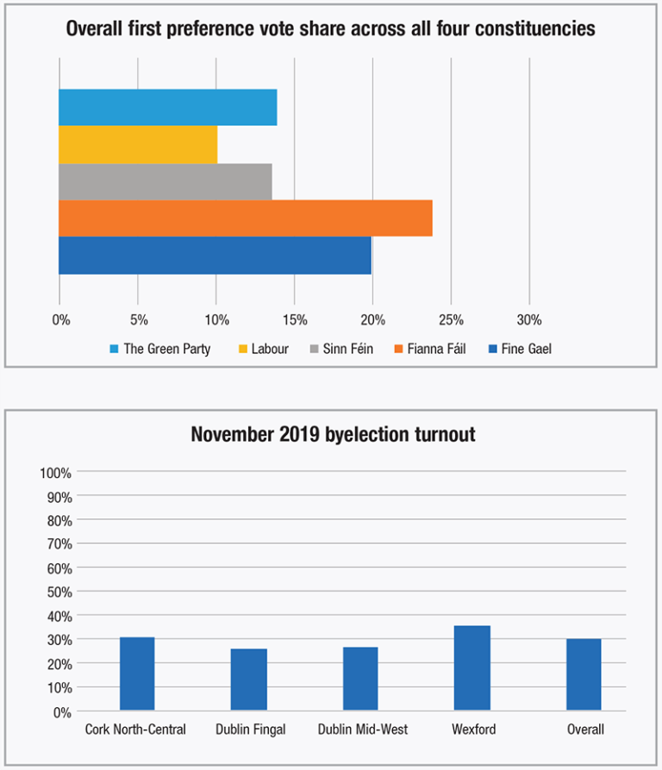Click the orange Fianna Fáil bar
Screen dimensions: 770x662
[x=245, y=218]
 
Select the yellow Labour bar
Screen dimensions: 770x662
[x=138, y=145]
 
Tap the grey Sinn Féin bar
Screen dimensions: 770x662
[x=165, y=182]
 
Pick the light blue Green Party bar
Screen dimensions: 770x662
[x=167, y=107]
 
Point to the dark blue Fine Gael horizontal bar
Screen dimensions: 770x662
[x=215, y=256]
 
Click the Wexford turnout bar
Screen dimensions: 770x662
[x=473, y=668]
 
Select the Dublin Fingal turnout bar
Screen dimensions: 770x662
[x=250, y=680]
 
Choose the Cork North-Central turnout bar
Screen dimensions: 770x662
[x=137, y=674]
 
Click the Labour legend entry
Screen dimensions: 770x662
[x=269, y=349]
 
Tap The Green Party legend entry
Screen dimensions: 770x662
[x=165, y=349]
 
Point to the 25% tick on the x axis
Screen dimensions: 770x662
[x=451, y=320]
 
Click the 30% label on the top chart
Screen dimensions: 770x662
[x=529, y=320]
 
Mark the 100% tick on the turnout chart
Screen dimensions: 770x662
[x=55, y=473]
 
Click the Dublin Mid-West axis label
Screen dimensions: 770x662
[x=362, y=730]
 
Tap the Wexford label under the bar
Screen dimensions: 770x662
[x=473, y=730]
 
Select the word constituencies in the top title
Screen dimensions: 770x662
[x=527, y=28]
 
